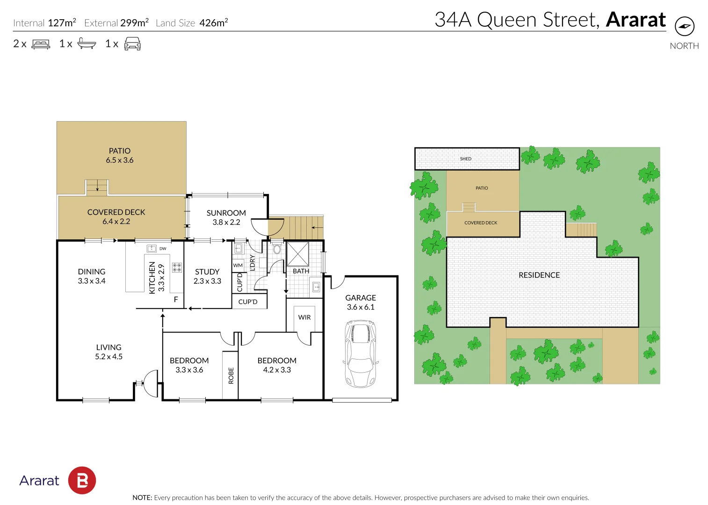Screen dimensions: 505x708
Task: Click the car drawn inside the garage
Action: point(361,353)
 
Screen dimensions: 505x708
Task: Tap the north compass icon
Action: point(685,26)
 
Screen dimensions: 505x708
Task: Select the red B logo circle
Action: point(82,480)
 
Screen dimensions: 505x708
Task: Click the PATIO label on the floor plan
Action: point(120,151)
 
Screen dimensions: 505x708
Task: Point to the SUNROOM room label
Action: point(226,213)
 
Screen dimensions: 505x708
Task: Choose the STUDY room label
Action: point(207,272)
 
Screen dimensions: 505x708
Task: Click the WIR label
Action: point(304,317)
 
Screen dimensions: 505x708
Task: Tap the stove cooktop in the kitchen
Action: point(177,267)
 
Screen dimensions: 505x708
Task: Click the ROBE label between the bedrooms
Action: point(231,375)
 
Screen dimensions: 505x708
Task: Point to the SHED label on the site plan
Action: point(466,159)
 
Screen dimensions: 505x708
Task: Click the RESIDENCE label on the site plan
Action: point(539,275)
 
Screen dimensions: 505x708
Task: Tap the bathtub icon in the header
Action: point(87,43)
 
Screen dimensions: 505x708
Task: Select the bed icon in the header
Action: point(41,44)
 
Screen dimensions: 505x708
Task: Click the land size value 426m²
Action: point(213,22)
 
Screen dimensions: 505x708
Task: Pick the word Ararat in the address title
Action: point(636,20)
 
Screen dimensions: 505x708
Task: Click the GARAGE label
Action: point(361,298)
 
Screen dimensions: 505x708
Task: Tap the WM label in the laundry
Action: point(238,266)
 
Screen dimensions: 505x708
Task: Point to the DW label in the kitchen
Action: point(163,249)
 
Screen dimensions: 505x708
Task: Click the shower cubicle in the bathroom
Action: point(298,254)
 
